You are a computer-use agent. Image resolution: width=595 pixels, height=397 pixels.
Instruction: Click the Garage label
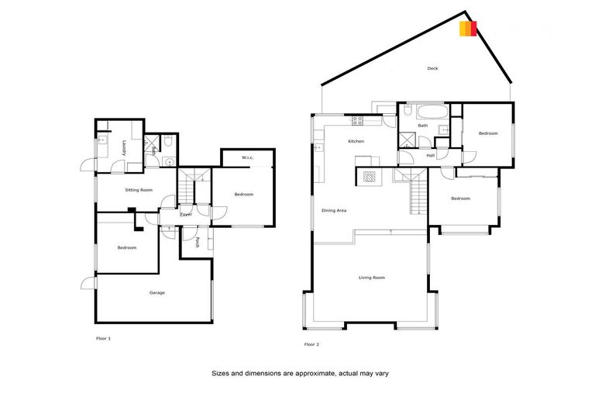tap(157, 292)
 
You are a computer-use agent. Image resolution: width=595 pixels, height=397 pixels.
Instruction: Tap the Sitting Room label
tap(139, 190)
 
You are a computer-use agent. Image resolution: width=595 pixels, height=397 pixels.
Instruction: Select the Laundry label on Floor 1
tap(124, 147)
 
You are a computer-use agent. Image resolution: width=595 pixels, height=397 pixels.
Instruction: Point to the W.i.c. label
tap(248, 158)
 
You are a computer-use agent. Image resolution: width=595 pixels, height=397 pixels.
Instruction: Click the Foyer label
tap(187, 214)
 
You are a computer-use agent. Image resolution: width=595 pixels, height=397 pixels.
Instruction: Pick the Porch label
tap(199, 240)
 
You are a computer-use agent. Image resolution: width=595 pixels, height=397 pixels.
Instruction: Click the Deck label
tap(433, 69)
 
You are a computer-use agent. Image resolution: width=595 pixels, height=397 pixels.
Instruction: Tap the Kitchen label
tap(356, 141)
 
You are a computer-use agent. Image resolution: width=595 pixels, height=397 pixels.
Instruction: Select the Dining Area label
tap(334, 210)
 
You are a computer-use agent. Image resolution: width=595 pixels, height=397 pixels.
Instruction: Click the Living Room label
tap(372, 278)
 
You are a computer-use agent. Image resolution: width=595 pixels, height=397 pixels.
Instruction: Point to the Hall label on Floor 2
tap(431, 156)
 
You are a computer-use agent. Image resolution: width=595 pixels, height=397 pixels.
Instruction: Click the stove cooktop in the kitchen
tap(358, 120)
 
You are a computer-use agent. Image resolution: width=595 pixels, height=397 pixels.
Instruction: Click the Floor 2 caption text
tap(311, 344)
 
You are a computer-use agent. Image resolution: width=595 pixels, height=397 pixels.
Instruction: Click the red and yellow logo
tap(468, 29)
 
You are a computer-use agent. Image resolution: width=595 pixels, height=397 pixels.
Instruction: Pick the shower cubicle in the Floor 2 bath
tap(407, 140)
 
